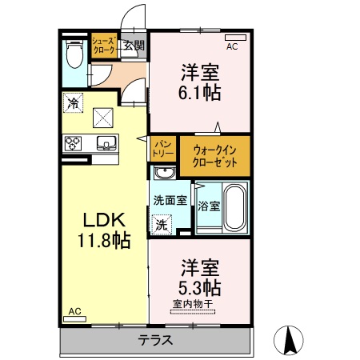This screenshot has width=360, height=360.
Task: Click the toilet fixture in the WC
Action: click(x=74, y=55)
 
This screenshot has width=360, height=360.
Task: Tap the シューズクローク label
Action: click(x=104, y=45)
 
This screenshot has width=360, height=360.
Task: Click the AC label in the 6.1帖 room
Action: click(x=232, y=46)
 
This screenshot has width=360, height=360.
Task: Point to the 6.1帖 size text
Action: click(x=199, y=91)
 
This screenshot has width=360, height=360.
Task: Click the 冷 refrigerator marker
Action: click(x=73, y=102)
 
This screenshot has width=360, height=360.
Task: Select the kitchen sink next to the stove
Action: click(x=105, y=144)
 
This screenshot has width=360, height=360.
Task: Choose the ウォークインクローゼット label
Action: click(x=214, y=154)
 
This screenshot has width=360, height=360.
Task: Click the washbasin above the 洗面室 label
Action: click(x=164, y=174)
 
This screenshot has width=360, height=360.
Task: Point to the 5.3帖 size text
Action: click(x=199, y=286)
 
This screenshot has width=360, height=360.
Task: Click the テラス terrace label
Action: click(x=156, y=338)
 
